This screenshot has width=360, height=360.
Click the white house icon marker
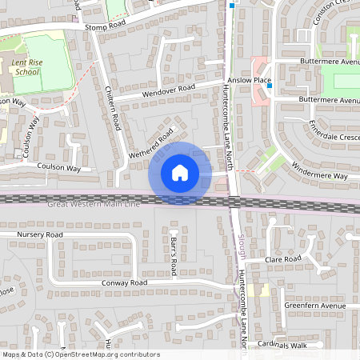pyautogui.click(x=180, y=172)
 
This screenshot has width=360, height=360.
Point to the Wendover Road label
pyautogui.click(x=169, y=89)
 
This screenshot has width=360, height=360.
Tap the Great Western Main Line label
pyautogui.click(x=93, y=206)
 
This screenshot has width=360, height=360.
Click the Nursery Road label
pyautogui.click(x=39, y=234)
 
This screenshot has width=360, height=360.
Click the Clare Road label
pyautogui.click(x=283, y=259)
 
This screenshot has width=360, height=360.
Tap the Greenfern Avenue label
pyautogui.click(x=314, y=306)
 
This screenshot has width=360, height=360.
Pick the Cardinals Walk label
pyautogui.click(x=282, y=346)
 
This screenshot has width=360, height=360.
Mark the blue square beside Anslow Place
pyautogui.click(x=270, y=85)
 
